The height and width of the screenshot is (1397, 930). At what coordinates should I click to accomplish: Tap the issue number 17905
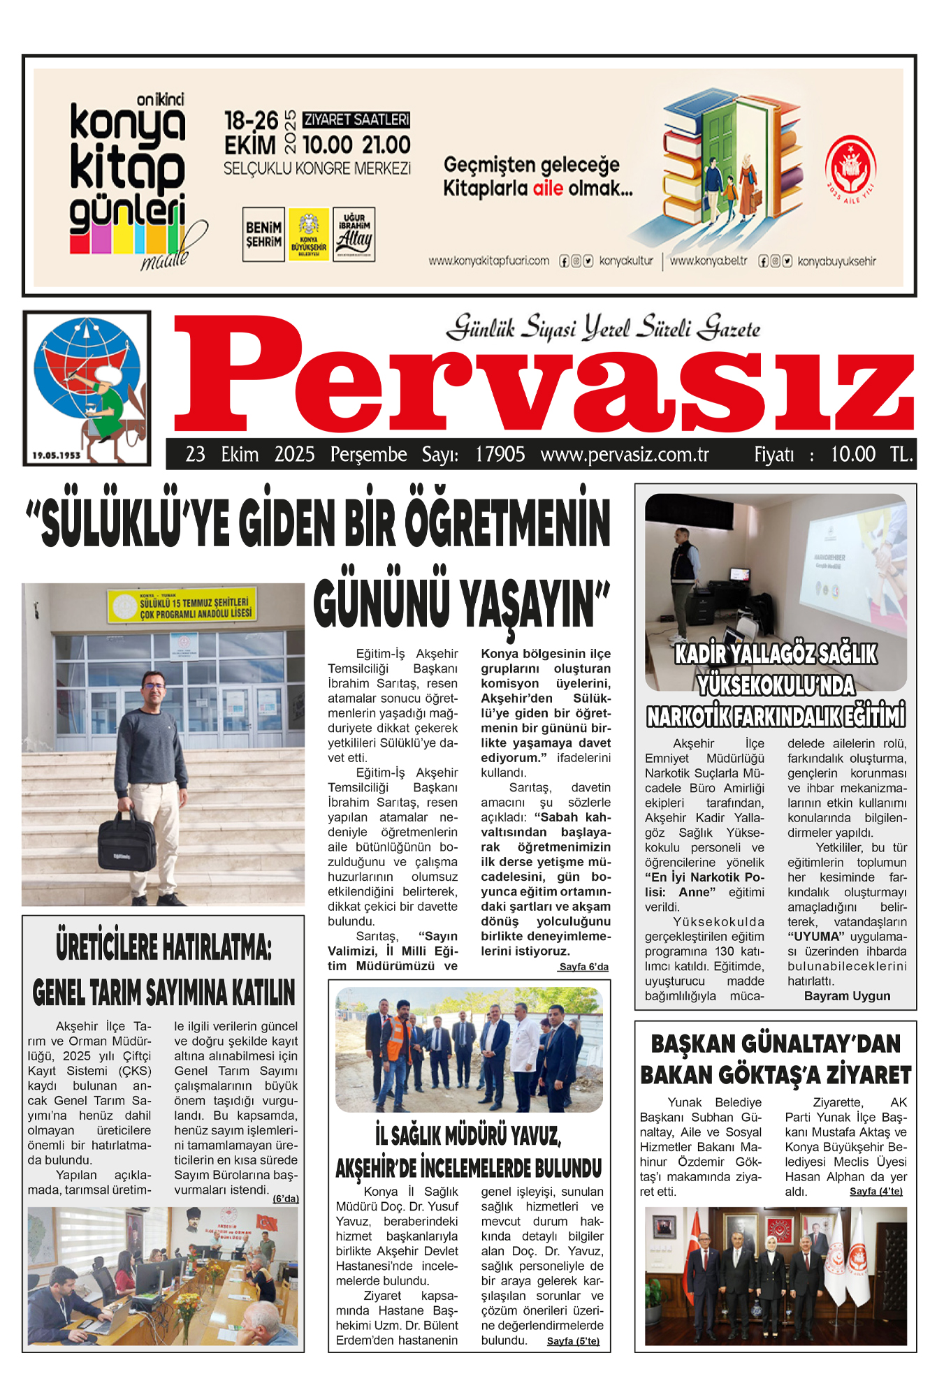click(500, 455)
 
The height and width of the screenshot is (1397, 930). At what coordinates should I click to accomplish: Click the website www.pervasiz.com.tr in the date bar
click(625, 455)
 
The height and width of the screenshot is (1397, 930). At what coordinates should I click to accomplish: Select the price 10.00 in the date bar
click(852, 455)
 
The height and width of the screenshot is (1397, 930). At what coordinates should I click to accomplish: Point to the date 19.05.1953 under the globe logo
click(57, 455)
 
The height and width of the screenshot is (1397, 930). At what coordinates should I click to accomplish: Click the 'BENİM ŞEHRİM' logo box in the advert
click(263, 235)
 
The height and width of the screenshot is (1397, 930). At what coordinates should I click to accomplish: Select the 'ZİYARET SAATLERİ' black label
click(357, 119)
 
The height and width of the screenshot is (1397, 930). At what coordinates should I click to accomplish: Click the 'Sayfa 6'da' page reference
click(583, 967)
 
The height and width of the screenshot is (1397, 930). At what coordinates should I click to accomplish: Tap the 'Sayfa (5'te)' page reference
click(573, 1341)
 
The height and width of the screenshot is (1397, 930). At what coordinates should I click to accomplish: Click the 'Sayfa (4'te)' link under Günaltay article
click(875, 1191)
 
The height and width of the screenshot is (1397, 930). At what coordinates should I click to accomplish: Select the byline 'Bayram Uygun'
click(847, 996)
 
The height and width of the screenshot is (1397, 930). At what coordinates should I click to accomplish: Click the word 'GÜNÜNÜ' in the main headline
click(381, 604)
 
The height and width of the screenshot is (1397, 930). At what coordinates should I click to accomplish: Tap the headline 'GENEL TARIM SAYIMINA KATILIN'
click(164, 993)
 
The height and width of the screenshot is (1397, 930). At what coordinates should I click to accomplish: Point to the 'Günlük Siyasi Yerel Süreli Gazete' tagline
click(603, 328)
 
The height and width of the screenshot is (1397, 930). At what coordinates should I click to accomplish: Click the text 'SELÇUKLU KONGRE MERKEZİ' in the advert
click(317, 169)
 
